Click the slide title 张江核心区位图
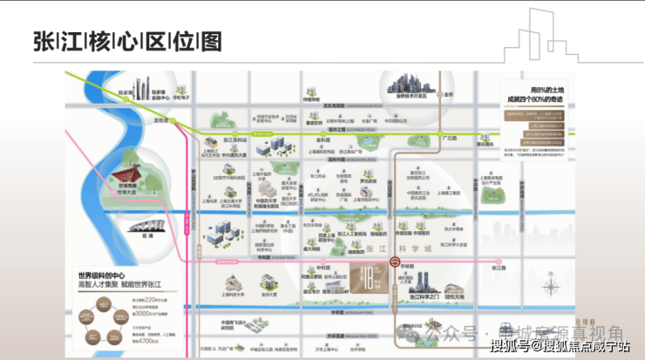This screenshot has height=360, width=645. tap(126, 41)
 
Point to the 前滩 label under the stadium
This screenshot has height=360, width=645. tap(132, 234)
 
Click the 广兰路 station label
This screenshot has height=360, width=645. tap(451, 137)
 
